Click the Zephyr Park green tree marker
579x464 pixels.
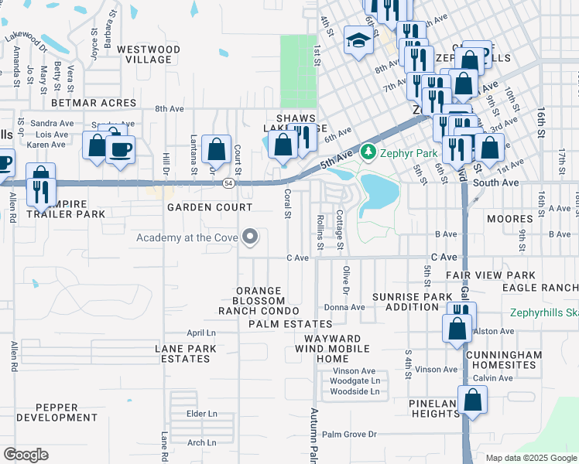click(369, 152)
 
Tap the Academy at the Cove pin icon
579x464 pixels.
click(250, 237)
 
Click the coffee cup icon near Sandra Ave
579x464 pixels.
click(120, 148)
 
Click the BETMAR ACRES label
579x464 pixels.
click(93, 102)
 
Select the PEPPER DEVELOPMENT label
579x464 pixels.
click(57, 412)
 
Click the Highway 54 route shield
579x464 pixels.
click(228, 183)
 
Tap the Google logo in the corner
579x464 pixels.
click(26, 455)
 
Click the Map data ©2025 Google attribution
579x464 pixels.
click(531, 458)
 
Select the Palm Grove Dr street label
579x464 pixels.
click(349, 435)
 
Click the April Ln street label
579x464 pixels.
click(200, 333)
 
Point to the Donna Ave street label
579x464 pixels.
click(344, 307)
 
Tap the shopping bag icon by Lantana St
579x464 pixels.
click(216, 148)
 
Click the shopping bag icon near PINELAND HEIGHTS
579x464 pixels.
click(471, 401)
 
